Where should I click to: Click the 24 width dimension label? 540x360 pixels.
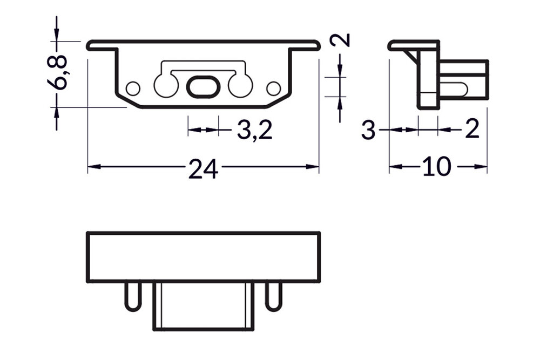pos(203,169)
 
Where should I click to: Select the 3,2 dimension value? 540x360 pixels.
pos(254,130)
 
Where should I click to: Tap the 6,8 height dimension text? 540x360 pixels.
pos(59,72)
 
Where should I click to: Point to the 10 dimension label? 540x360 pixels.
pos(436,167)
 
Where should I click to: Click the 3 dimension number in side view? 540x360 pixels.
pos(368,131)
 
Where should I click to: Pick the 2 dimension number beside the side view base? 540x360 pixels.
pos(472,130)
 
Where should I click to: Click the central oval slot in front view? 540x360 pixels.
pos(203,87)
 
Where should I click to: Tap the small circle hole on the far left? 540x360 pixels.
pos(132,87)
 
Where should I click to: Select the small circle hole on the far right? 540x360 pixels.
pos(273,87)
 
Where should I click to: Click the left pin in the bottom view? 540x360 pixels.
pos(132,296)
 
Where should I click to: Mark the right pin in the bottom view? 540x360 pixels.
pos(273,296)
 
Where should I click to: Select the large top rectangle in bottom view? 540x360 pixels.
pos(203,257)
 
